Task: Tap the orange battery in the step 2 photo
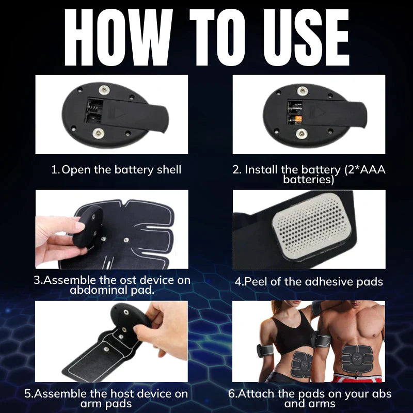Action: coord(298,119)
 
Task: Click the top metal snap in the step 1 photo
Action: coord(104,90)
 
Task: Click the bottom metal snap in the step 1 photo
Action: coord(98,133)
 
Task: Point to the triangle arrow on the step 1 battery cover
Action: coord(121,114)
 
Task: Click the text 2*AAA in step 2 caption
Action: coord(366,169)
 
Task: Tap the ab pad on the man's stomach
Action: coord(357,359)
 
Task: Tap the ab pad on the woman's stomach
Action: coord(302,365)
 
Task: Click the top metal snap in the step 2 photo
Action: coord(302,91)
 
